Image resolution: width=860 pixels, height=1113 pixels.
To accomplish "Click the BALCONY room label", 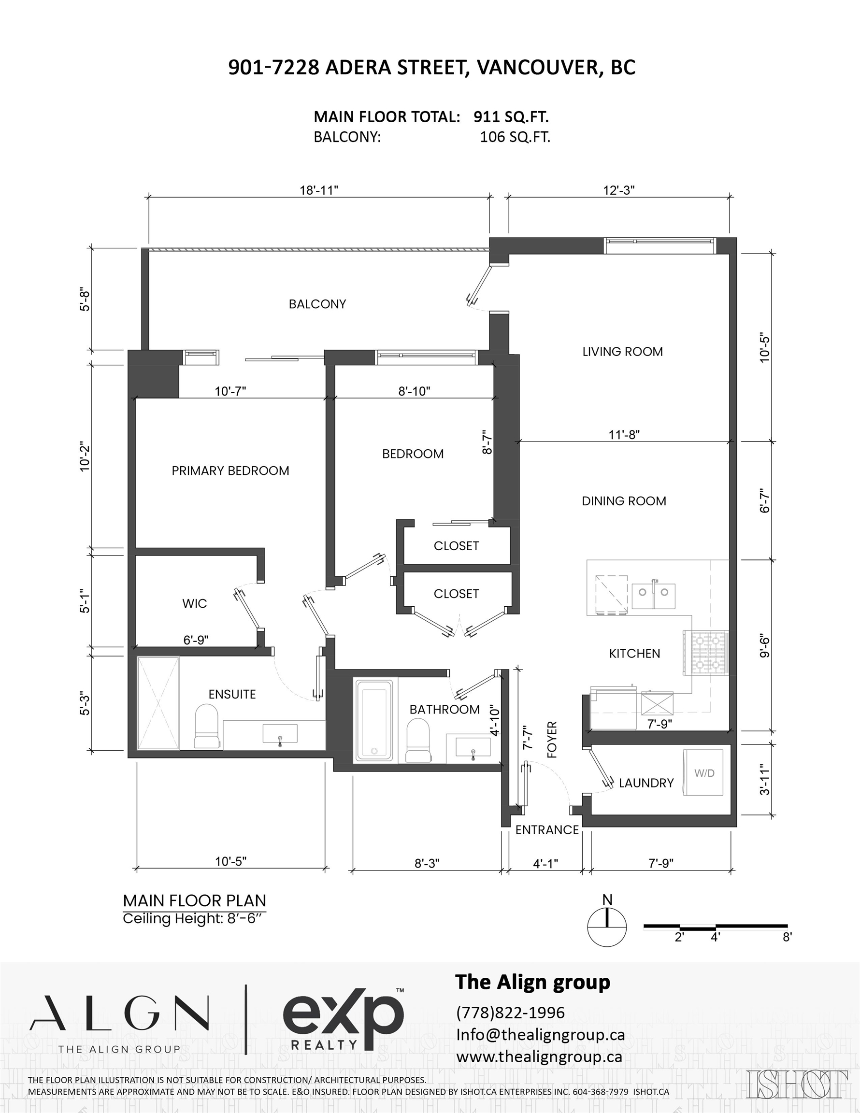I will click(x=317, y=304).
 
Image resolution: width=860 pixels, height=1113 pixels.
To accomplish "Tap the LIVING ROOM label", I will click(x=622, y=352).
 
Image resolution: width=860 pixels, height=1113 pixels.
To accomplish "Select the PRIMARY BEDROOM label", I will click(x=230, y=471).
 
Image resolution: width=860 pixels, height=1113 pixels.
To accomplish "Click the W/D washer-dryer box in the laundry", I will click(x=704, y=772).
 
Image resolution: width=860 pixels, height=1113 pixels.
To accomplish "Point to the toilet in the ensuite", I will click(x=206, y=727).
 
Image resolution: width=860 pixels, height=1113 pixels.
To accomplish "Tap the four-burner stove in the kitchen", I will click(x=706, y=653).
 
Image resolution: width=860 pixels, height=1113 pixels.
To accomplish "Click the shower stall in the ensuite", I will click(x=158, y=703).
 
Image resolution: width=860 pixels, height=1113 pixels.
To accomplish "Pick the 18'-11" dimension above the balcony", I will click(x=319, y=190).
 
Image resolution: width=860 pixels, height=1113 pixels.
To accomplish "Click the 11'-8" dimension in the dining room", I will click(x=624, y=435).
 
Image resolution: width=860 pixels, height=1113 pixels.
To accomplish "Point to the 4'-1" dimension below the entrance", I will click(x=545, y=863).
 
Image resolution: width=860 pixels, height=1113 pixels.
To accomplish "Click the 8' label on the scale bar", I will click(x=787, y=937).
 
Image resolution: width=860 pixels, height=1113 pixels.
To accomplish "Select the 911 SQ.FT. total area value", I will click(x=511, y=117).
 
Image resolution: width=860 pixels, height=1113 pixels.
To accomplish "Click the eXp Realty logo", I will click(x=343, y=1019).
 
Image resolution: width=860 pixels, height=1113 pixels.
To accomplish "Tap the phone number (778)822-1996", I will click(x=510, y=1012).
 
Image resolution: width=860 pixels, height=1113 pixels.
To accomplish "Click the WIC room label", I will click(x=194, y=603).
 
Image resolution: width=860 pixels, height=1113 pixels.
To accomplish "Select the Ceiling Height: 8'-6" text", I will click(x=194, y=918).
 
